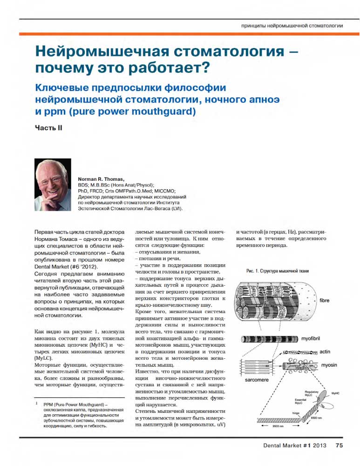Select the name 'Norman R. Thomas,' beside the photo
[x=101, y=179]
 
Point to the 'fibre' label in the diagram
[x=324, y=301]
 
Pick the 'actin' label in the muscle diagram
[x=325, y=351]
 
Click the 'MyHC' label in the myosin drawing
[x=335, y=394]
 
